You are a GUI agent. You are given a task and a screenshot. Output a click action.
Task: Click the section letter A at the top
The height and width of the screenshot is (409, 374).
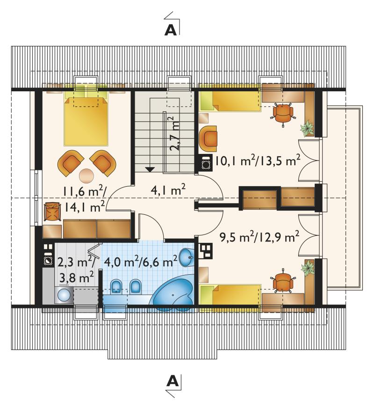pyautogui.click(x=171, y=30)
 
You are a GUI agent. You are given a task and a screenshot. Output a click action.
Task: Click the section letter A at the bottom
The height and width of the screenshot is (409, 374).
pyautogui.click(x=173, y=381)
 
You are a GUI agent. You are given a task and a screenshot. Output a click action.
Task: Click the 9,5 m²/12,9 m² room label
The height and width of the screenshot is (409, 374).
pyautogui.click(x=259, y=237)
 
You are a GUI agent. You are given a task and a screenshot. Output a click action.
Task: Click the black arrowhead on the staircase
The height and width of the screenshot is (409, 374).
pyautogui.click(x=150, y=169)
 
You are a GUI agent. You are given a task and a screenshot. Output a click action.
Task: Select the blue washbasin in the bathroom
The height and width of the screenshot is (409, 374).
pyautogui.click(x=187, y=257)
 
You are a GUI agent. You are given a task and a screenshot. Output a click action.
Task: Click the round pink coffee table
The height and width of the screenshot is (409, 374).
pyautogui.click(x=86, y=176)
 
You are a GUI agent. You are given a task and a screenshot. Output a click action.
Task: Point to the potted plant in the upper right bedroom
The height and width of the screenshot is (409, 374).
pyautogui.click(x=307, y=128)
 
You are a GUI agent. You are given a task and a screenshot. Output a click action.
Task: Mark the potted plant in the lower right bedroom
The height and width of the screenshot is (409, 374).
pyautogui.click(x=308, y=268)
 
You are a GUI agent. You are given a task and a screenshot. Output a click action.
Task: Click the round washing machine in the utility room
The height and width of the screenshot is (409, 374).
pyautogui.click(x=64, y=295)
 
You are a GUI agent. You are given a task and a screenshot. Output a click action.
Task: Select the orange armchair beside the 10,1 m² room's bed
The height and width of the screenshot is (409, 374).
pyautogui.click(x=208, y=139)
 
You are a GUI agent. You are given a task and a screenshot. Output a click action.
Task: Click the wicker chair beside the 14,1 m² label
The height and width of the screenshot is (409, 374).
pyautogui.click(x=53, y=212)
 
